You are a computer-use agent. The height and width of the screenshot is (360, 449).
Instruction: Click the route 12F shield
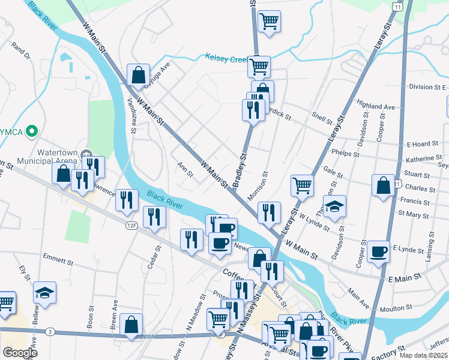click(x=132, y=226)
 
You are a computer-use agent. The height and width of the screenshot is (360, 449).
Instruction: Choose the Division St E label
click(x=427, y=87)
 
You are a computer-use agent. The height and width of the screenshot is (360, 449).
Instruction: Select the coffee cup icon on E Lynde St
click(x=378, y=251)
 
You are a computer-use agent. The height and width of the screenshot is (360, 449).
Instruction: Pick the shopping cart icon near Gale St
click(x=302, y=185)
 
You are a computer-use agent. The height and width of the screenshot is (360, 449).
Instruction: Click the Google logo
click(x=20, y=353)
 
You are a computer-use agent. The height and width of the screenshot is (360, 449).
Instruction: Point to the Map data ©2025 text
click(x=424, y=355)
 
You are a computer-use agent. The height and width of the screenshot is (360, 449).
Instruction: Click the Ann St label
click(x=185, y=170)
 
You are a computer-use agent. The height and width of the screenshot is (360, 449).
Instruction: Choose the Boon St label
click(x=91, y=316)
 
